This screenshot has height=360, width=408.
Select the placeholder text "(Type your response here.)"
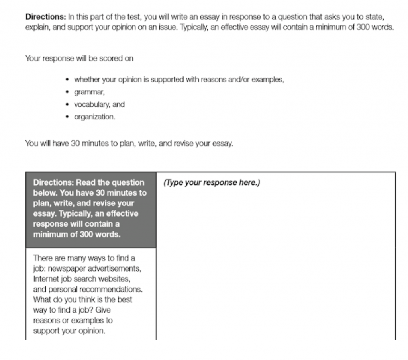212,183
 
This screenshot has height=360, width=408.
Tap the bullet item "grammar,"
89,92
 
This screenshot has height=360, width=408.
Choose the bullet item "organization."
94,117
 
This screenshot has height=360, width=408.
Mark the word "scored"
108,59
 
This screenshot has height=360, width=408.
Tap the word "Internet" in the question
46,278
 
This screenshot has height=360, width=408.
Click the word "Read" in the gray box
85,183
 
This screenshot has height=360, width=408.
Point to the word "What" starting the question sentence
41,299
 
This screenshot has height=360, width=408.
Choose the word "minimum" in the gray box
49,235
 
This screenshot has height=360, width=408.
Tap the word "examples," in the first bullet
269,80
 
